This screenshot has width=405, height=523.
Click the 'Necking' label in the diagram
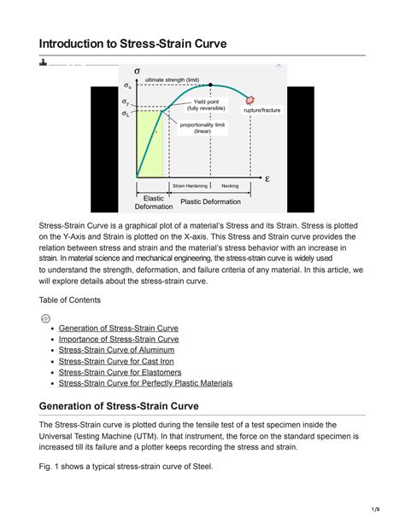coord(230,185)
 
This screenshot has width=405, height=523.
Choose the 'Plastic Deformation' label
coord(209,201)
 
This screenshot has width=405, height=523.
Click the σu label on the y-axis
coord(127,86)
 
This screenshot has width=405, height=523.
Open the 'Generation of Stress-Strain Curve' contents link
coord(118,328)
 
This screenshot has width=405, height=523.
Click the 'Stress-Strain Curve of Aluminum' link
coord(116,350)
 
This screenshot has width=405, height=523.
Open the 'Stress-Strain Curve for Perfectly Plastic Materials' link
coord(145,383)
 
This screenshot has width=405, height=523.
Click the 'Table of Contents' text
coord(70,299)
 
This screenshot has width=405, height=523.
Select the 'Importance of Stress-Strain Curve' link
coord(119,339)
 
